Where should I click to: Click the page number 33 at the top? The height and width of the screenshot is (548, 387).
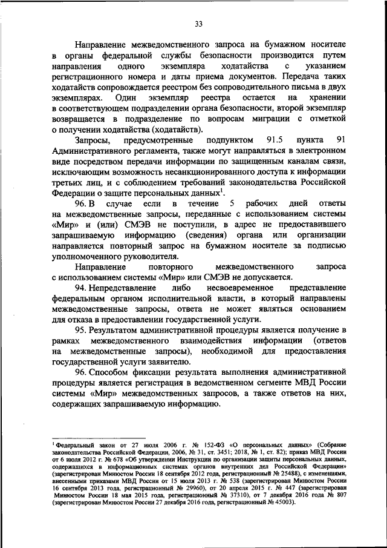[x=198, y=24]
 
